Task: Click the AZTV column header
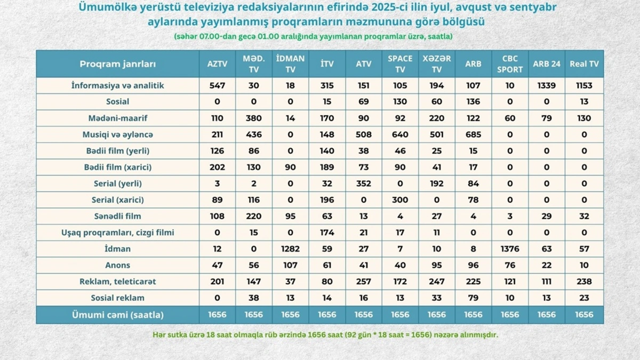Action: pyautogui.click(x=217, y=63)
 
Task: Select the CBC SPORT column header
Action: pyautogui.click(x=510, y=63)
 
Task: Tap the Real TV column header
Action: pyautogui.click(x=584, y=63)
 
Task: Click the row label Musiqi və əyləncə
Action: pyautogui.click(x=117, y=134)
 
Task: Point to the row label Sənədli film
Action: pyautogui.click(x=117, y=216)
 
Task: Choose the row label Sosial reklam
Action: pyautogui.click(x=117, y=298)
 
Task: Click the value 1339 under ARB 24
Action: pyautogui.click(x=547, y=85)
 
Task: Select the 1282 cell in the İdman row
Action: pyautogui.click(x=290, y=249)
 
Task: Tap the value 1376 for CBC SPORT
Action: pyautogui.click(x=510, y=249)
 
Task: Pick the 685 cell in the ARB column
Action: pyautogui.click(x=473, y=134)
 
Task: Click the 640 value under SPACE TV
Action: pyautogui.click(x=400, y=134)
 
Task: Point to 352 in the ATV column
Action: pyautogui.click(x=364, y=183)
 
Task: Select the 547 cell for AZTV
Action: pyautogui.click(x=217, y=85)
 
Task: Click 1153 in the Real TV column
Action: pyautogui.click(x=584, y=85)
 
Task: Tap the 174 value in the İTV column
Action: pyautogui.click(x=327, y=233)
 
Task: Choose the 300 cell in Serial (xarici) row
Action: pyautogui.click(x=400, y=200)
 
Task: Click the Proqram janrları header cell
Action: pyautogui.click(x=117, y=63)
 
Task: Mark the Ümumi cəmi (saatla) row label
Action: pyautogui.click(x=117, y=314)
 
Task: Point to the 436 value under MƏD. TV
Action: pyautogui.click(x=254, y=134)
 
